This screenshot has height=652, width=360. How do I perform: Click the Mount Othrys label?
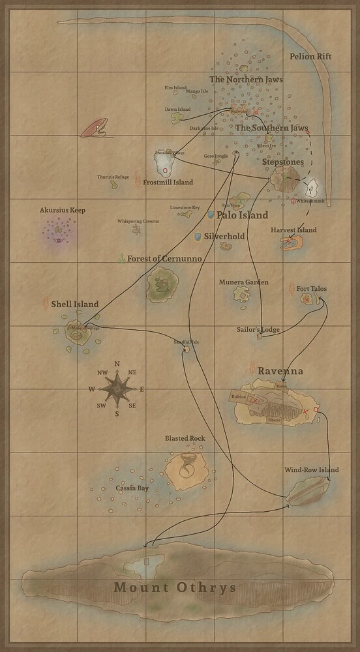coord(175,587)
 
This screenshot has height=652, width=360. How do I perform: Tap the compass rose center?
coord(117,389)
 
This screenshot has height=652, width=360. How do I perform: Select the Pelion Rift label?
coord(310,57)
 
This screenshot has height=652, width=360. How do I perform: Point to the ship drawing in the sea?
coord(95,128)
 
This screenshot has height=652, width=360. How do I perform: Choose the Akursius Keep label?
coord(63,211)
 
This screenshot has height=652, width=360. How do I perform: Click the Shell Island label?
coord(75,304)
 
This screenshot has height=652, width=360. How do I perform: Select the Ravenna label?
coord(280,370)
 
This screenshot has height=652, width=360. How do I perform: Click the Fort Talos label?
coord(312,288)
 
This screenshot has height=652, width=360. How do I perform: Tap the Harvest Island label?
coord(293,230)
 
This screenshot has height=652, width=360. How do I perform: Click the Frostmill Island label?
coord(168,183)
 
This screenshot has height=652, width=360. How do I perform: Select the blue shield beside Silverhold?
coord(198,235)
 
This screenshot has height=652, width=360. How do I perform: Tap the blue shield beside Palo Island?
coord(211,214)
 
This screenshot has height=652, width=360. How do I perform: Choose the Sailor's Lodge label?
coord(258,330)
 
